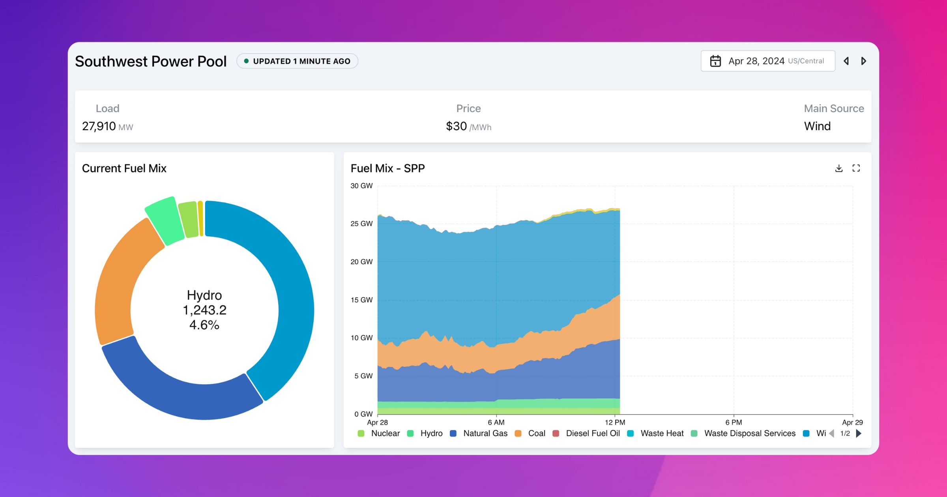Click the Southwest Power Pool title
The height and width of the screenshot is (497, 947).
click(150, 62)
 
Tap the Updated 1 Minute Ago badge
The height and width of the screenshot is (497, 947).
click(297, 61)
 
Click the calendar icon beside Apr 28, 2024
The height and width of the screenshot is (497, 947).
click(715, 61)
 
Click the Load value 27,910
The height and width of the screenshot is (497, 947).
click(99, 126)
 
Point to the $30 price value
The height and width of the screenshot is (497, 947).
click(456, 126)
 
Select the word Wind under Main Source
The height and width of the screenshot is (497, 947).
click(817, 126)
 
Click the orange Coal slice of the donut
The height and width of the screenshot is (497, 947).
click(118, 284)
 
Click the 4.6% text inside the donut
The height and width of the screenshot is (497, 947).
click(204, 325)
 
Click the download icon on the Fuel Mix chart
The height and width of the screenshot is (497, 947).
click(839, 168)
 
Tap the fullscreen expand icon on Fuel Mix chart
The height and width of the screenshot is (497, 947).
click(856, 168)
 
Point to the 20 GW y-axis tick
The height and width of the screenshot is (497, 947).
click(361, 262)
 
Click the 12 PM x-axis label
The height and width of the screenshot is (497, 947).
click(615, 422)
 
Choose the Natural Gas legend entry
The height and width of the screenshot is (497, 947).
click(485, 433)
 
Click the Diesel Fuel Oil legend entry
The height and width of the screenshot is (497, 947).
click(593, 433)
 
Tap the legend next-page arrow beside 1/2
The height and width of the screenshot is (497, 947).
click(859, 433)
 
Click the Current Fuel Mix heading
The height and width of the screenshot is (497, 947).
click(124, 168)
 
